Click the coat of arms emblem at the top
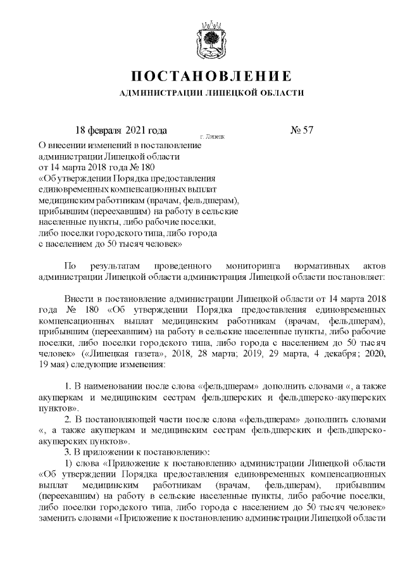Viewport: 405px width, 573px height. [x=211, y=39]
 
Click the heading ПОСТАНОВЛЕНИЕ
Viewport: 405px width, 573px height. [x=211, y=77]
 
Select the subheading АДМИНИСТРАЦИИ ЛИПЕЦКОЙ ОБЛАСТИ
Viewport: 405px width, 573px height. [x=211, y=93]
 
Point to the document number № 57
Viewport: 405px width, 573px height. [x=302, y=130]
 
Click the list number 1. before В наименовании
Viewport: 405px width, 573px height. [x=69, y=387]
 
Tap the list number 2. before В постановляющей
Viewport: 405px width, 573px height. [x=69, y=420]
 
